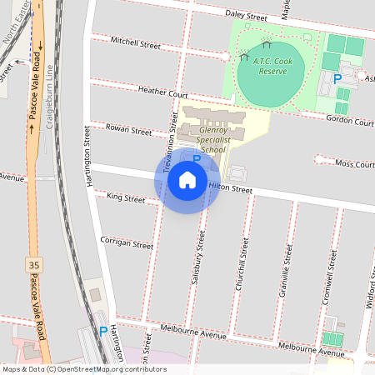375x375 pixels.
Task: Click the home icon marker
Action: [187, 180]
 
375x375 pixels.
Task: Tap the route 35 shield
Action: [33, 265]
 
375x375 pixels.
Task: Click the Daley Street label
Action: [246, 16]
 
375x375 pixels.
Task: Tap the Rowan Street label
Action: [128, 129]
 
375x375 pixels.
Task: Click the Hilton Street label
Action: [230, 188]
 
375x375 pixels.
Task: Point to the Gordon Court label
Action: [351, 120]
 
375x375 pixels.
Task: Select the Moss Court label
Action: [355, 164]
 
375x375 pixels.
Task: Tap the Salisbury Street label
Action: [198, 258]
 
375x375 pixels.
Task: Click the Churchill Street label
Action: [242, 262]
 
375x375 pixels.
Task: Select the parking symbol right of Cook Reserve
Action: [337, 79]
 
